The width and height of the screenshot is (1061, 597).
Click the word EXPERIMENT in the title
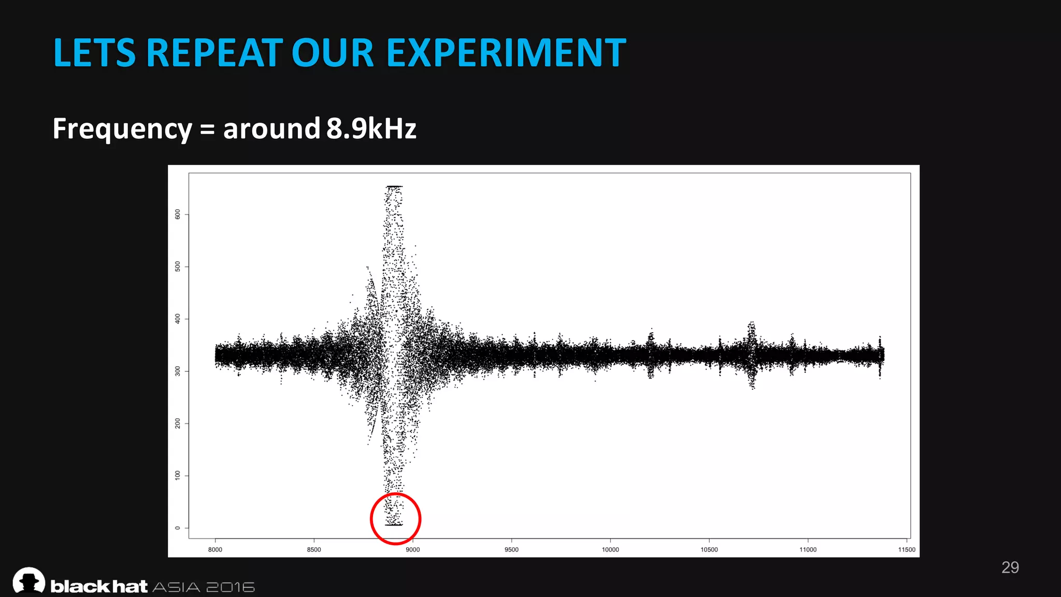(506, 53)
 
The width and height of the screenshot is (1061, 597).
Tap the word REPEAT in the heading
(214, 53)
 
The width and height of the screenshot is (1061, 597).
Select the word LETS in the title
(94, 53)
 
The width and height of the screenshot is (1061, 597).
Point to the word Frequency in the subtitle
(122, 129)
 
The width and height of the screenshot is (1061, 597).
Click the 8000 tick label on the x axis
(215, 550)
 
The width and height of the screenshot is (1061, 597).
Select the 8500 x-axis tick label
(314, 550)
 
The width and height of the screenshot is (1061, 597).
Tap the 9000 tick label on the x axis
(413, 550)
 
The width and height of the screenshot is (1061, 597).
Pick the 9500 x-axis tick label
(511, 550)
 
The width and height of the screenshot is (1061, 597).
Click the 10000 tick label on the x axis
(610, 550)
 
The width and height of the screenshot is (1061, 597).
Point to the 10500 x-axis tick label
(709, 550)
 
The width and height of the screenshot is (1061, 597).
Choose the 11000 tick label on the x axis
(808, 550)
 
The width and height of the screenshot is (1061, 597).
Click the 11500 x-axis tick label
(907, 550)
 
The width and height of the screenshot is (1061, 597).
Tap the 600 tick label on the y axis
(178, 214)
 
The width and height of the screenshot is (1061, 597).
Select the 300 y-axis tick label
(178, 371)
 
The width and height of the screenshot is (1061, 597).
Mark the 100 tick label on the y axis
(178, 475)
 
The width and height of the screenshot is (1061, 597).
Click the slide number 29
(1010, 567)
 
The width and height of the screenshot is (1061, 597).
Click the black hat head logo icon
(29, 580)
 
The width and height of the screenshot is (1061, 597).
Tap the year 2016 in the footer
(231, 587)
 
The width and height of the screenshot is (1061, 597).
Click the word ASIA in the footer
(177, 587)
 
